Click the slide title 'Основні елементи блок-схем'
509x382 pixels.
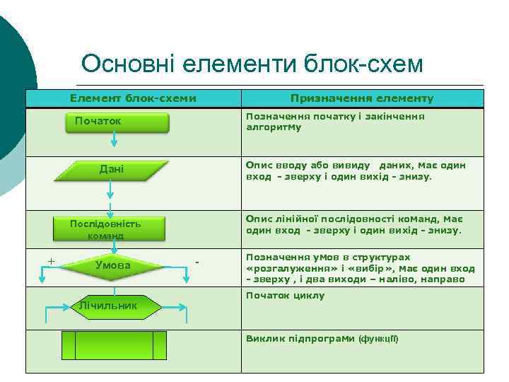pos(252,64)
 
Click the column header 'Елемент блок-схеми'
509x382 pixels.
pos(133,99)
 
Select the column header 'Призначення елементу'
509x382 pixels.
pos(362,99)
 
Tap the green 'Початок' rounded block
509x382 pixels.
pos(117,122)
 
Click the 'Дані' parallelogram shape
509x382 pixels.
pos(111,170)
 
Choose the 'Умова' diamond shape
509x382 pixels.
pos(112,265)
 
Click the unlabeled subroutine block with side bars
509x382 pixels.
pos(114,347)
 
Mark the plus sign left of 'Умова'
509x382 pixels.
pos(51,260)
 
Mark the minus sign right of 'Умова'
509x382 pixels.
pos(198,262)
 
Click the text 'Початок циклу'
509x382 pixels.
pos(285,295)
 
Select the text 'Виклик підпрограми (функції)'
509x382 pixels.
pos(322,338)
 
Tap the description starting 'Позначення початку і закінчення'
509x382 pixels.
pos(335,122)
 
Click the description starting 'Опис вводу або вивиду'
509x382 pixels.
pos(356,170)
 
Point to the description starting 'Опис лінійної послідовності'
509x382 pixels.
pos(353,224)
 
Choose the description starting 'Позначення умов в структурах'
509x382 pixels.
pos(360,269)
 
